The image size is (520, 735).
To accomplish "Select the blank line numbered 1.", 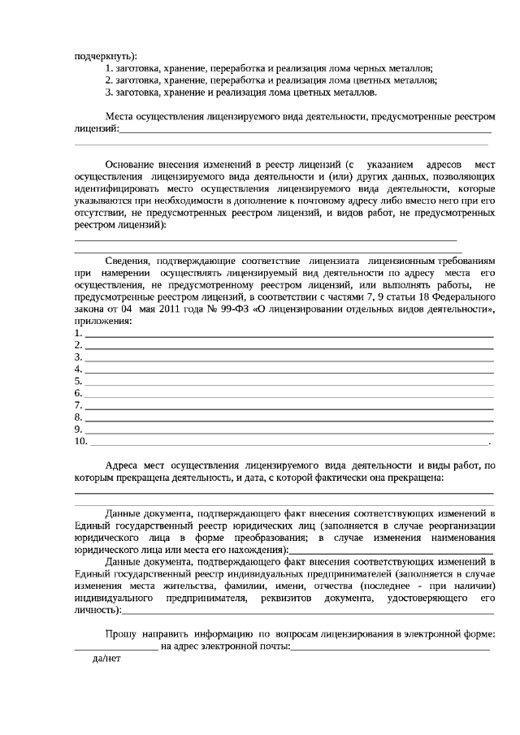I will click(288, 334).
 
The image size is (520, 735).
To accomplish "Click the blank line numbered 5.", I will click(288, 382).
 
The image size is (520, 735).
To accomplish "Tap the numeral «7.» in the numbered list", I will click(79, 405).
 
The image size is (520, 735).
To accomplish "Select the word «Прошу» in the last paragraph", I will click(121, 633).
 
